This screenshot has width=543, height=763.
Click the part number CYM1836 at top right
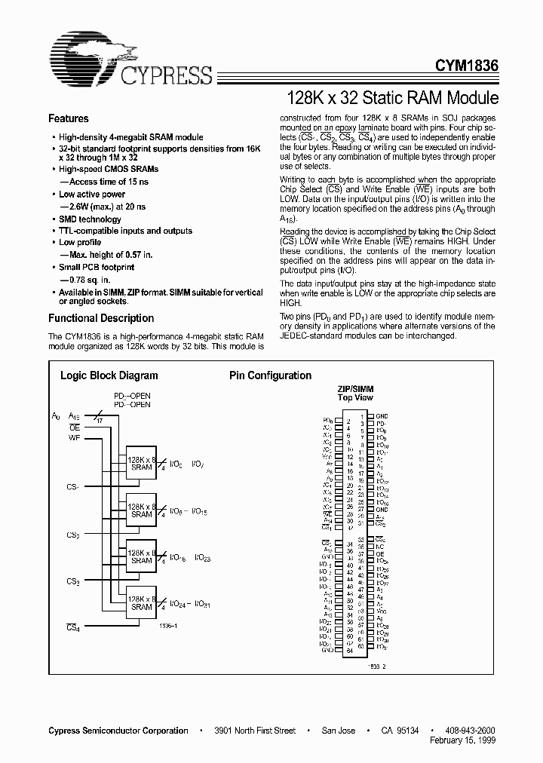coord(465,66)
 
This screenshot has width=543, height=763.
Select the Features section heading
coord(68,118)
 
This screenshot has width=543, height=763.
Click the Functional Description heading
coord(101,318)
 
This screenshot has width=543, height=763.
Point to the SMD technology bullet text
coord(90,219)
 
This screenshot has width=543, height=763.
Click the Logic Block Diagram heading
coord(109,375)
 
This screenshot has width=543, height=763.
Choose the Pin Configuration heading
coord(270,375)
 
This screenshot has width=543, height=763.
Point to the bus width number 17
coord(100,421)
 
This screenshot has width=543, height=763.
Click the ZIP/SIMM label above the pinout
coord(354,389)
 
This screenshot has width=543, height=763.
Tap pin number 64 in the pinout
coord(349,650)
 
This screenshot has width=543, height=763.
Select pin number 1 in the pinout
coord(361,415)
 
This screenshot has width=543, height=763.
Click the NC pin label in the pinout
coord(380,545)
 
